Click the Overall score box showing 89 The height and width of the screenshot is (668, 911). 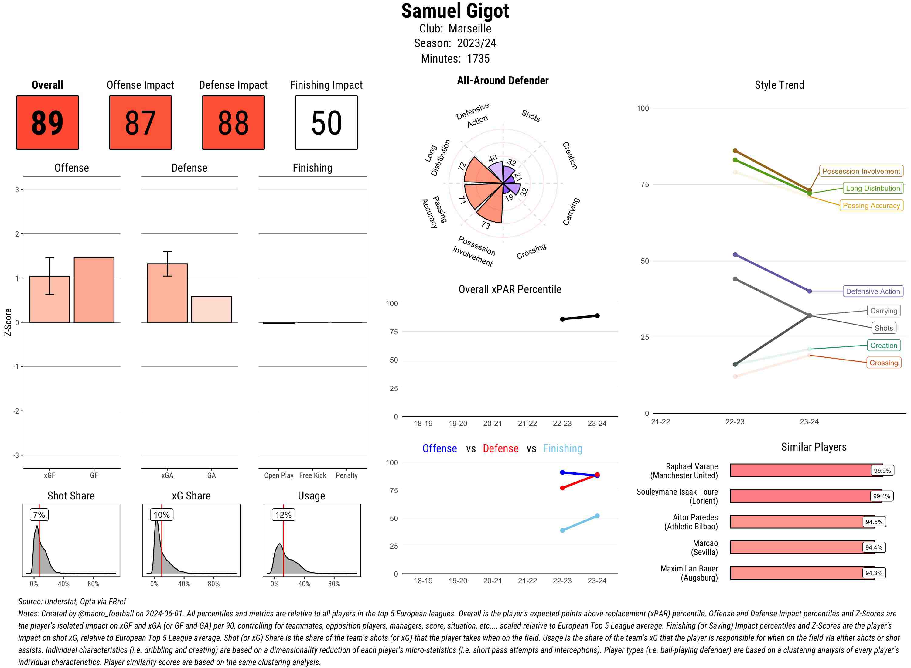[47, 123]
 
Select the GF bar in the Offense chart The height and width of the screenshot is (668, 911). [94, 290]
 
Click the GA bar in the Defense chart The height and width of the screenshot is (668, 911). [211, 309]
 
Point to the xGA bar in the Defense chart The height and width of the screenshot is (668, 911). [167, 293]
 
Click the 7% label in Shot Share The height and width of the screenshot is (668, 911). [39, 515]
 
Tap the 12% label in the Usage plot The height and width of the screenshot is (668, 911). [283, 515]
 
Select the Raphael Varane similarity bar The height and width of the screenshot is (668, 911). [800, 470]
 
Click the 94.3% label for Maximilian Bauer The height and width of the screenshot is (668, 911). [873, 573]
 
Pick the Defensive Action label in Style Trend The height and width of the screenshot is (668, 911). [873, 291]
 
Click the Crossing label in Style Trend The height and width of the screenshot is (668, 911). [883, 363]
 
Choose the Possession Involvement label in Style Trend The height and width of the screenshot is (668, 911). [861, 171]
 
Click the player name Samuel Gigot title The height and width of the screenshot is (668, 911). [455, 11]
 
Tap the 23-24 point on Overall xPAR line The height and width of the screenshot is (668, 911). [597, 316]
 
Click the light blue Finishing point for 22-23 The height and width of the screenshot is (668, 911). [562, 530]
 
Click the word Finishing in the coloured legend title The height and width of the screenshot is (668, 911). [562, 448]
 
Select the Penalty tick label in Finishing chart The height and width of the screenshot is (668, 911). [346, 475]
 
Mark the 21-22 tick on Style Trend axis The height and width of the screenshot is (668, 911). [660, 422]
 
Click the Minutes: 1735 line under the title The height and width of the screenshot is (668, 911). [455, 59]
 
